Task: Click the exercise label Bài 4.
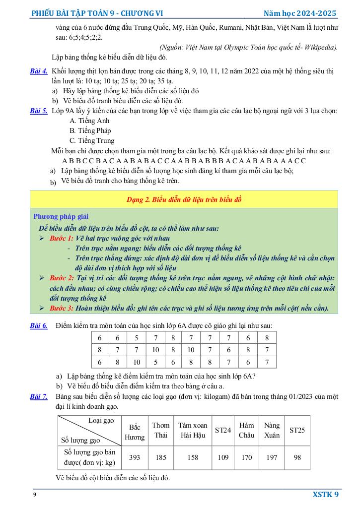[39, 71]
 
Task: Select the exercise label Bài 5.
[39, 111]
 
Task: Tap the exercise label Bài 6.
[39, 325]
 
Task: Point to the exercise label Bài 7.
[39, 397]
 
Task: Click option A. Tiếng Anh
[89, 121]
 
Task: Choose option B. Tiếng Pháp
[90, 130]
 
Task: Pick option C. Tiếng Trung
[92, 140]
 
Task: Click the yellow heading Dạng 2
[184, 199]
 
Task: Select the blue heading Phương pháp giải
[61, 216]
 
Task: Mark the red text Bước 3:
[62, 308]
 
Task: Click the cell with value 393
[134, 458]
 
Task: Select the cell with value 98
[297, 458]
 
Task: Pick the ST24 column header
[223, 430]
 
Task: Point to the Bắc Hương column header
[134, 432]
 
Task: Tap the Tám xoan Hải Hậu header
[193, 430]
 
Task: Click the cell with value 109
[223, 458]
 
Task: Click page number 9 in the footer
[34, 495]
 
